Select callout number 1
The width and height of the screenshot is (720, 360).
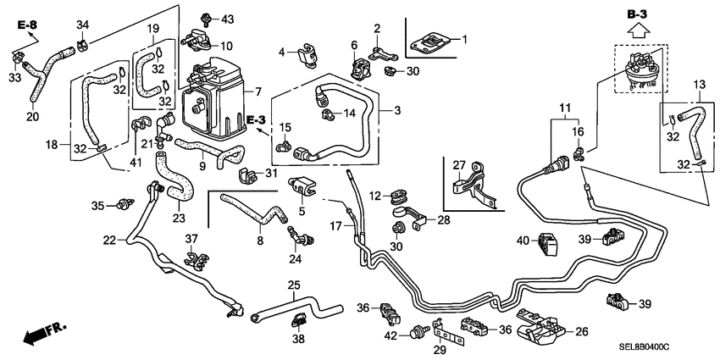(x=464, y=39)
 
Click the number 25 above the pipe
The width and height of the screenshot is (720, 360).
(x=293, y=284)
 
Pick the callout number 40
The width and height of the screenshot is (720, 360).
(x=523, y=241)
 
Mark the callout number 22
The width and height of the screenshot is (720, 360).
(x=108, y=241)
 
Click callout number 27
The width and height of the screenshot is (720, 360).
(x=458, y=165)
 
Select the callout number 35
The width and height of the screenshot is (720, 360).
(x=97, y=205)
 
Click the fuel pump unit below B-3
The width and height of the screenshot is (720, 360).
(x=638, y=65)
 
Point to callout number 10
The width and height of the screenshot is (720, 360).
(x=227, y=45)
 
